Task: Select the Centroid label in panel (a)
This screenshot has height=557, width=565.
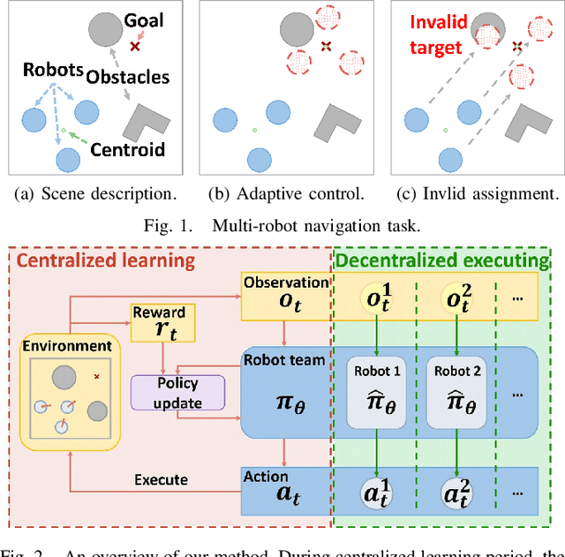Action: click(128, 149)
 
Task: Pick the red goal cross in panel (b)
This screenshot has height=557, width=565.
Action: click(326, 45)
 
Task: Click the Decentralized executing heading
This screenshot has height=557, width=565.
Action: click(448, 260)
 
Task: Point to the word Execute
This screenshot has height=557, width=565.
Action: click(161, 479)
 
